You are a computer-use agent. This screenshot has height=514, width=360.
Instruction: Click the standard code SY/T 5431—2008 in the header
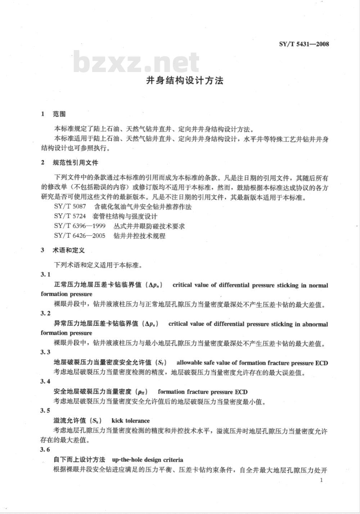[x=304, y=44]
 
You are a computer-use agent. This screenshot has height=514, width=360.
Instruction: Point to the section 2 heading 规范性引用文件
[x=75, y=163]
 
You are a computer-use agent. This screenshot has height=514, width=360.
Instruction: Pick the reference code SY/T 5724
[x=70, y=216]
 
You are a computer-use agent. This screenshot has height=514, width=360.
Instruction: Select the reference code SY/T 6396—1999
[x=80, y=226]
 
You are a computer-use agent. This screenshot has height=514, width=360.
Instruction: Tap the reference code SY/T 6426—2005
[x=80, y=236]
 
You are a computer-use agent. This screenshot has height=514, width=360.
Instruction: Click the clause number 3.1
[x=45, y=275]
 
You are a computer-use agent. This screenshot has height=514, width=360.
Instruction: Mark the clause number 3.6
[x=45, y=450]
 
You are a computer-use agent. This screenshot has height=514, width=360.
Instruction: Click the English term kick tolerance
[x=130, y=420]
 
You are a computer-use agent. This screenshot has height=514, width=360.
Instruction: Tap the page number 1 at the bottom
[x=321, y=480]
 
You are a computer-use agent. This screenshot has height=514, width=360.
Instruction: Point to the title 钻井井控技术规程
[x=139, y=236]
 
